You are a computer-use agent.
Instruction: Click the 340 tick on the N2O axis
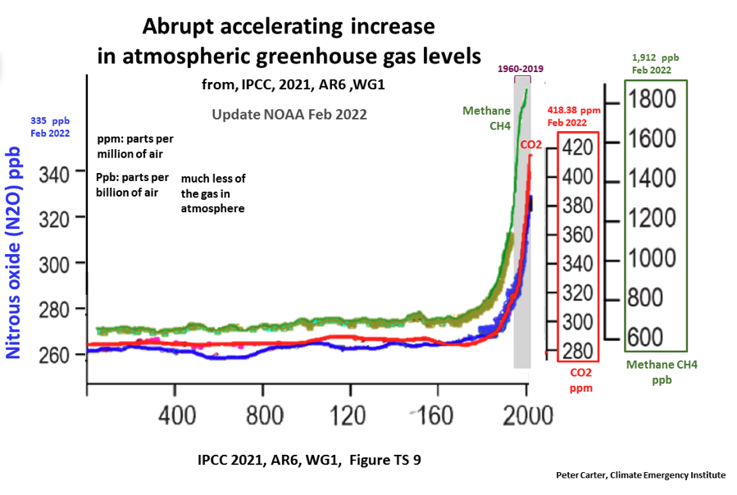click(x=57, y=171)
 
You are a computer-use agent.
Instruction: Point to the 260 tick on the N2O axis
click(x=57, y=355)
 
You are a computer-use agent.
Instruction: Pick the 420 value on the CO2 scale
click(x=579, y=147)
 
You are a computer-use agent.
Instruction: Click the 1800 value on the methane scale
click(x=653, y=99)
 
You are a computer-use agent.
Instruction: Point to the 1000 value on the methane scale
click(x=653, y=257)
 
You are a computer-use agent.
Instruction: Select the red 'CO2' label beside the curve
click(x=530, y=145)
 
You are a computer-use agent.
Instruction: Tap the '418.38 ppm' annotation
click(x=575, y=110)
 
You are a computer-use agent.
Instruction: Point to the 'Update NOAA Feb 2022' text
click(x=289, y=115)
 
